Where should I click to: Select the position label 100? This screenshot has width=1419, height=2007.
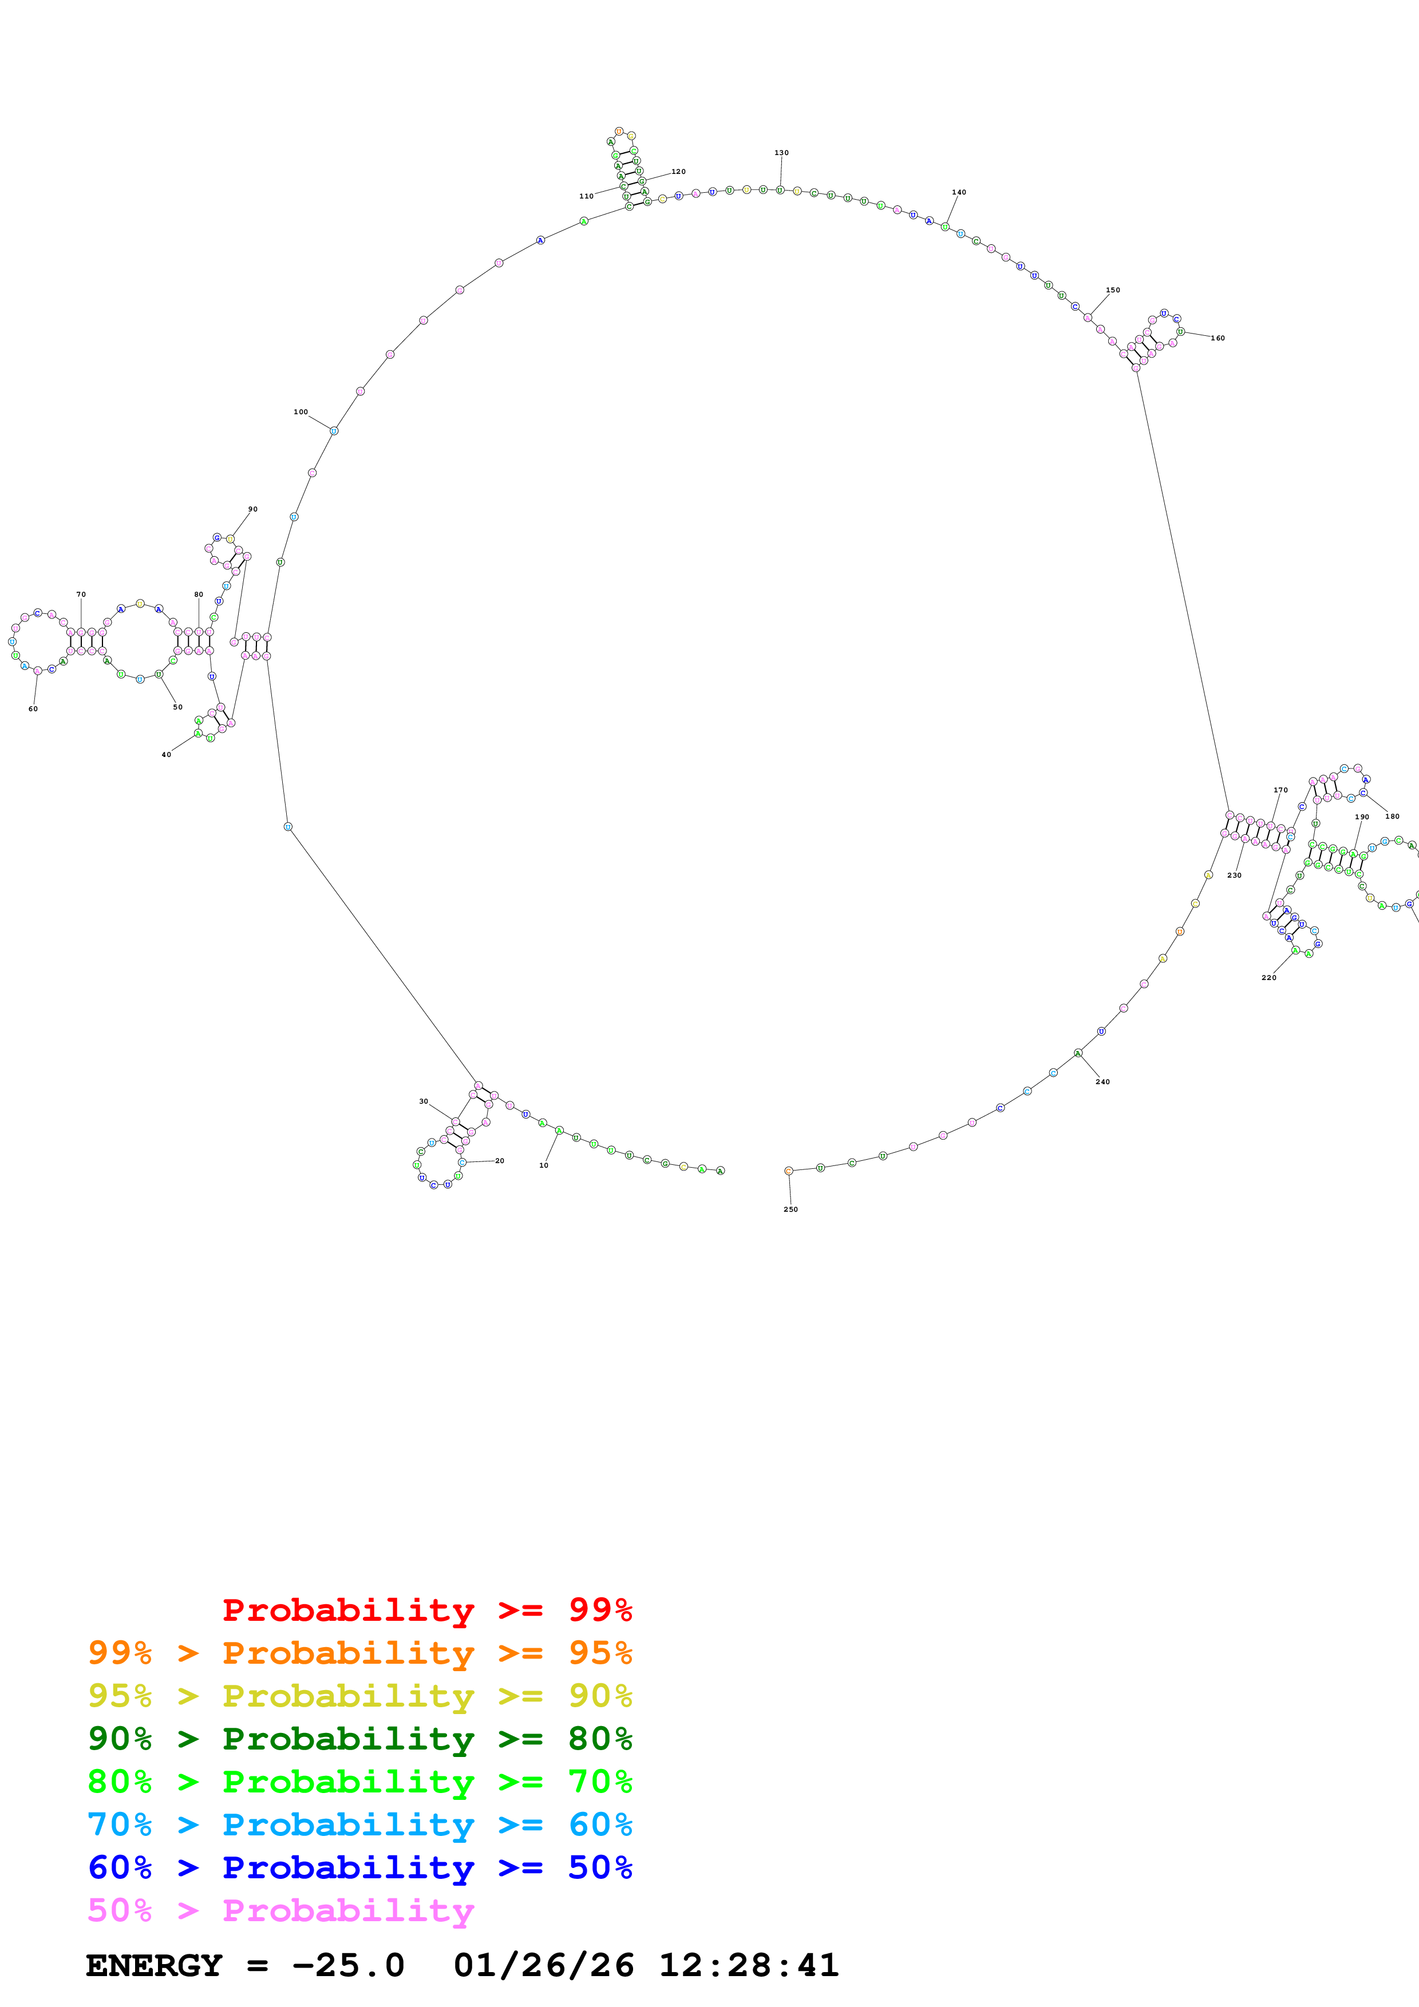tap(301, 412)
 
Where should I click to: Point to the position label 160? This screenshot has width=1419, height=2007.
tap(1218, 338)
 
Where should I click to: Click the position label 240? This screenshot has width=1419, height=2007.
tap(1102, 1082)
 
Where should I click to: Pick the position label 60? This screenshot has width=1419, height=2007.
tap(33, 709)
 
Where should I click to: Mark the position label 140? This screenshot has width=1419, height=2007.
tap(959, 192)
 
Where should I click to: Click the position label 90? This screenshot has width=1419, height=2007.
tap(252, 509)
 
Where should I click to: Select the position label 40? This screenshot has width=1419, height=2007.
tap(166, 755)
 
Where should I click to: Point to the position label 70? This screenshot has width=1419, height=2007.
tap(81, 594)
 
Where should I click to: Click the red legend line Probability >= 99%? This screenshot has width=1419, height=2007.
tap(426, 1610)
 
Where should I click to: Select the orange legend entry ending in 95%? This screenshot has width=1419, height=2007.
tap(359, 1653)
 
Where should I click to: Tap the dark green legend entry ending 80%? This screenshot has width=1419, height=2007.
tap(359, 1739)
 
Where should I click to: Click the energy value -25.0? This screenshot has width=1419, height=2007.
tap(348, 1966)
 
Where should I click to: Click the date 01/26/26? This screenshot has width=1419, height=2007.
tap(544, 1966)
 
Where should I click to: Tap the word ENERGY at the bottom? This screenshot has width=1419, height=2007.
tap(154, 1966)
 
